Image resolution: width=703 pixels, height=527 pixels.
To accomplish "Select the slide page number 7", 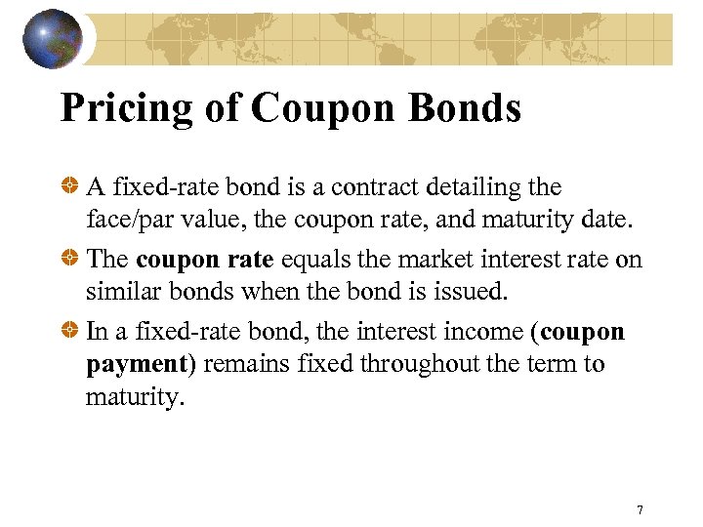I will (640, 510).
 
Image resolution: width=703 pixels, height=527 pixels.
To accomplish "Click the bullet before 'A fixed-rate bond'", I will (70, 185).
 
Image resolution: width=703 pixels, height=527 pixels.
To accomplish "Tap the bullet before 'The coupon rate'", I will (70, 259).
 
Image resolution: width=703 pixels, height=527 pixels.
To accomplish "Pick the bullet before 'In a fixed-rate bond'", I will (70, 332).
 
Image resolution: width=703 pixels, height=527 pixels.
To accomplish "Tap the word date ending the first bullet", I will (600, 220).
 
